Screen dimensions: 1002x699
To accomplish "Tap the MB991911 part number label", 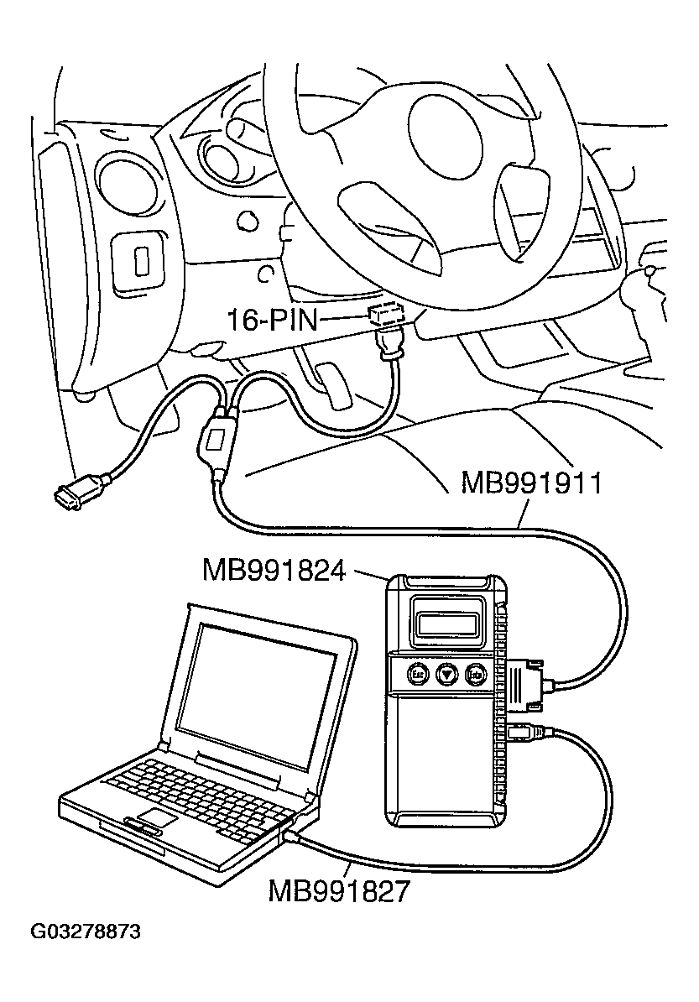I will tap(531, 484).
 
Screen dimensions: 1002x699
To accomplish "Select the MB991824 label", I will tap(274, 571).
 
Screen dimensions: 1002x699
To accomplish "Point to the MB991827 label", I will tap(339, 890).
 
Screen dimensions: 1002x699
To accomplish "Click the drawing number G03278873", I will tap(86, 932).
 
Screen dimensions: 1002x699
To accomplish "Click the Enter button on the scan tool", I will tap(476, 673).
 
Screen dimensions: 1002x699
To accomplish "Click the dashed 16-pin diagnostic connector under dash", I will tap(387, 316).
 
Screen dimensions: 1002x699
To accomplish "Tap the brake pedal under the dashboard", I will tap(339, 391).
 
